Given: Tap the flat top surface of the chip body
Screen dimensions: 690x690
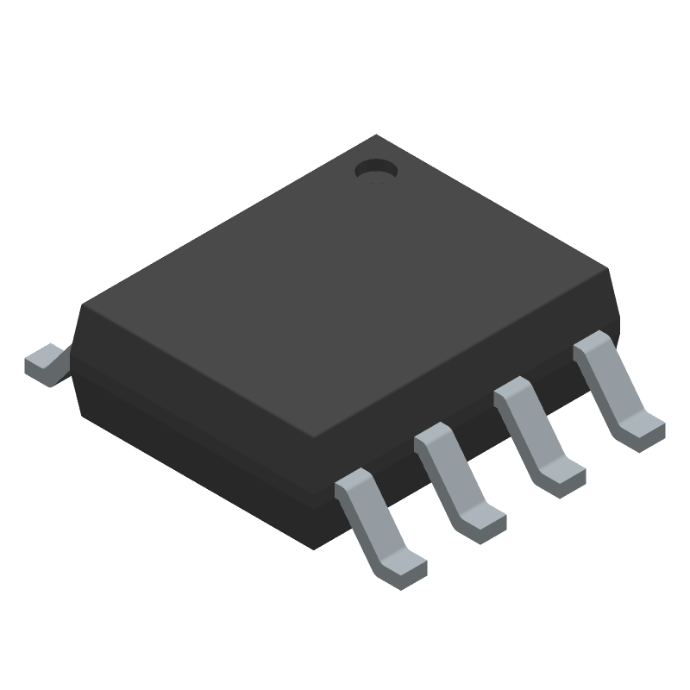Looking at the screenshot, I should coord(345,285).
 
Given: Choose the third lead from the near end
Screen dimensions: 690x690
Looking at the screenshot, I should coord(538,436).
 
